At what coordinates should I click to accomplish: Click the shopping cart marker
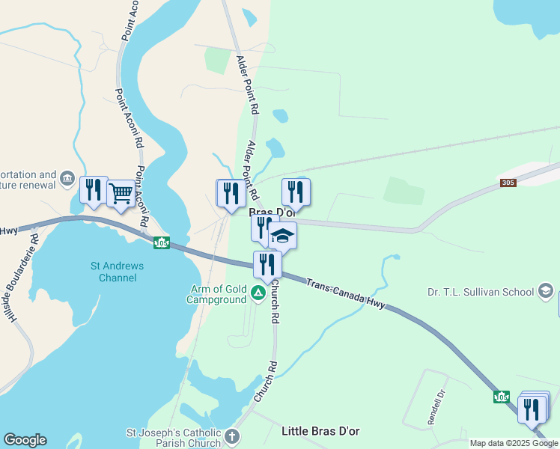click(x=120, y=194)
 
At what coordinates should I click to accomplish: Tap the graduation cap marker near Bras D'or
click(x=282, y=236)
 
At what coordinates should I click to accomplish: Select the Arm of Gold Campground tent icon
click(x=258, y=293)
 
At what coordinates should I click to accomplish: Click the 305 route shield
click(x=508, y=183)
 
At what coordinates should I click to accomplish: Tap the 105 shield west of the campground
click(x=162, y=242)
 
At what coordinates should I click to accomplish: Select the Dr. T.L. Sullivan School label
click(x=479, y=292)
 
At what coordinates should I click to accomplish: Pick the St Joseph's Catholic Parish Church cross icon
click(x=233, y=436)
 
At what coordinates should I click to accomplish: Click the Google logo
click(x=25, y=440)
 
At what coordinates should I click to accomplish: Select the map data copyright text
click(x=514, y=443)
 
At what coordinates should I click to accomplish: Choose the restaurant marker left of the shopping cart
click(x=94, y=190)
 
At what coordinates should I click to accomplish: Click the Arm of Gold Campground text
click(x=216, y=295)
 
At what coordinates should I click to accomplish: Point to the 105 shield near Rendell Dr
click(x=501, y=397)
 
